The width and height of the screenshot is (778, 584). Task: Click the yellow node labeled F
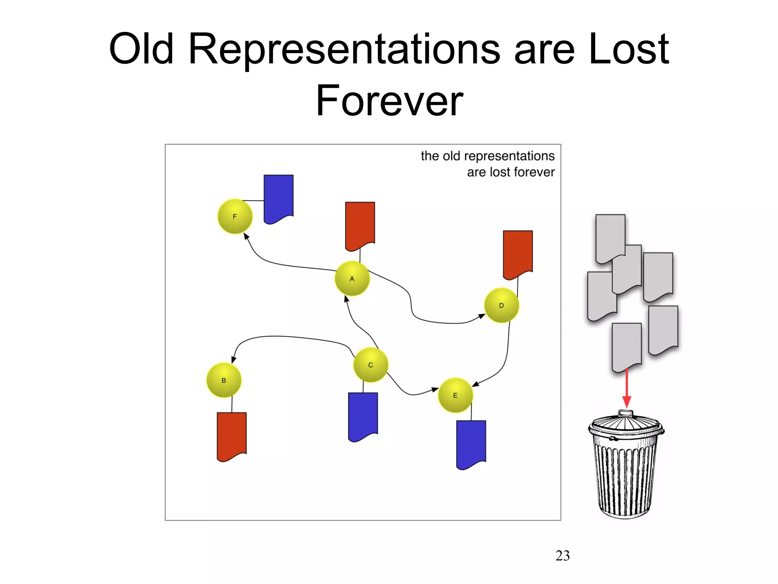pos(235,216)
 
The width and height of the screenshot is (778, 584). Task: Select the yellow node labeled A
pos(352,279)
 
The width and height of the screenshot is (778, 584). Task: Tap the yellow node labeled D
pos(501,305)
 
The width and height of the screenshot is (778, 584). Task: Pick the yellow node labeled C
pos(371,365)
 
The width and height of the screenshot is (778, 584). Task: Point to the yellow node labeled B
pos(224,380)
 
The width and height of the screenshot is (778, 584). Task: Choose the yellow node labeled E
pos(455,395)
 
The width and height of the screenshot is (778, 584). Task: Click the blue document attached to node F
pos(278,198)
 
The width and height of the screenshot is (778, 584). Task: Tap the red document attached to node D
pos(518,253)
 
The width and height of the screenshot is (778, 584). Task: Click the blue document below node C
pos(363,416)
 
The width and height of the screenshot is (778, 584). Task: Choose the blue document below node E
pos(471,443)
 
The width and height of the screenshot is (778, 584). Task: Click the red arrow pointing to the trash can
pos(627,388)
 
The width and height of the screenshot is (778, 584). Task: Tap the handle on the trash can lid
pos(626,413)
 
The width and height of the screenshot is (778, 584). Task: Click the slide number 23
pos(563,555)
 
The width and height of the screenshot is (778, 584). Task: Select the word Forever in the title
pos(389,101)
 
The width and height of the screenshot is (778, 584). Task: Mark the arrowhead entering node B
pos(234,359)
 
